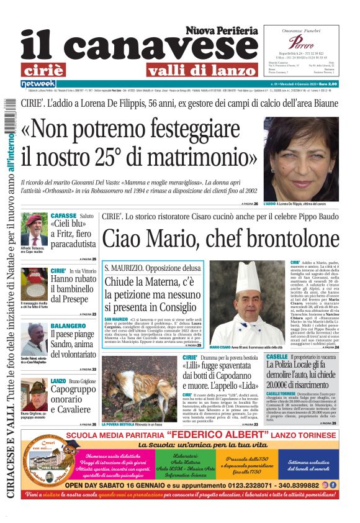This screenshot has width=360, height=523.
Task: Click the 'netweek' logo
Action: click(38, 84)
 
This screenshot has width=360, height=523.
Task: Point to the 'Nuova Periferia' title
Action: click(221, 30)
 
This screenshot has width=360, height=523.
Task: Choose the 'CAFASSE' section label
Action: click(63, 216)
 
